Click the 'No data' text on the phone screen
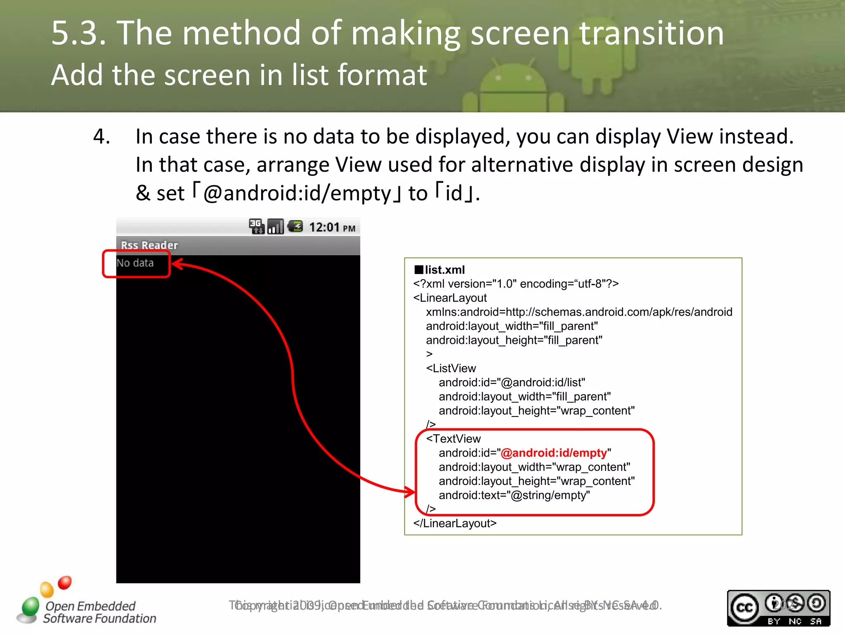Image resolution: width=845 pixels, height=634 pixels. pos(135,263)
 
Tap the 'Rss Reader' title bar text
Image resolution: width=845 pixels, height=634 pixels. pos(149,245)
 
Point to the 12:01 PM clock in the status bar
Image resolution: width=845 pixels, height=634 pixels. pos(332,227)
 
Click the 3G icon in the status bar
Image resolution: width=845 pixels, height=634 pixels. pos(256,226)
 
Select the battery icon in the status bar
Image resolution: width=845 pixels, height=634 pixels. pos(295,226)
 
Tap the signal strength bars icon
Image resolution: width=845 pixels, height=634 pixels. pos(276,226)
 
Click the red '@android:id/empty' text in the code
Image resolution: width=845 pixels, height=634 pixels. pos(554,453)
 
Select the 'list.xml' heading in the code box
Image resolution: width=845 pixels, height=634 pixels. pos(444,270)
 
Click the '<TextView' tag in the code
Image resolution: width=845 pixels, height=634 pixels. pos(453,439)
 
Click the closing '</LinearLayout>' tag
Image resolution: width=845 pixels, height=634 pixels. pos(455,523)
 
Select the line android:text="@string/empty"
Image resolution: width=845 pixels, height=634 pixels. pos(514,495)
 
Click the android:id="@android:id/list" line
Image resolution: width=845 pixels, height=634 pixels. pos(512,383)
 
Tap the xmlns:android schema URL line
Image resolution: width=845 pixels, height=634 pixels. pos(579,312)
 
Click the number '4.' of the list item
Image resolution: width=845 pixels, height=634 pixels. pos(101,137)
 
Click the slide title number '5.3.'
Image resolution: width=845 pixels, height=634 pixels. pos(78,33)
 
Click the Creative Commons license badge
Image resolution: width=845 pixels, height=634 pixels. pos(778,608)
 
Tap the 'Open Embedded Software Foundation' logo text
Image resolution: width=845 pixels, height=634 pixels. pos(99,612)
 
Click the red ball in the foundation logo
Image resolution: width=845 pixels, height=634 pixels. pos(65,582)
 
